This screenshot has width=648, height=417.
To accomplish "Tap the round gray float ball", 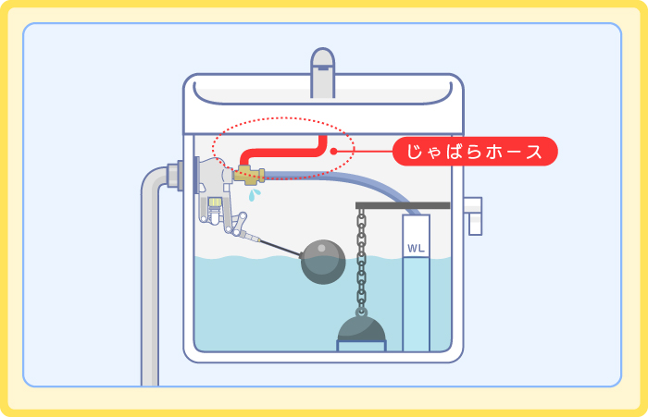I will tap(323, 261).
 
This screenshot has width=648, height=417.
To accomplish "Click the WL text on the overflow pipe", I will tap(416, 249).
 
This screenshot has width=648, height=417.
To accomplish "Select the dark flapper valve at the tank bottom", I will tap(361, 327).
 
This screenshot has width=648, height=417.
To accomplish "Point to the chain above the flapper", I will tap(362, 259).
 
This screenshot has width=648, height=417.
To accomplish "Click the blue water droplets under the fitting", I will tap(254, 194).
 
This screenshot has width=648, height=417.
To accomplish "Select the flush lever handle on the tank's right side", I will tap(475, 215).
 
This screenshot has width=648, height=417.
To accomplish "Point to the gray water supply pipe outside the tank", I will tap(150, 277).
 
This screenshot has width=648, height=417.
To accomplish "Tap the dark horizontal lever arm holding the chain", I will tap(403, 205).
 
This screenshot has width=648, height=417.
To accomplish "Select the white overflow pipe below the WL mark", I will tap(416, 305).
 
